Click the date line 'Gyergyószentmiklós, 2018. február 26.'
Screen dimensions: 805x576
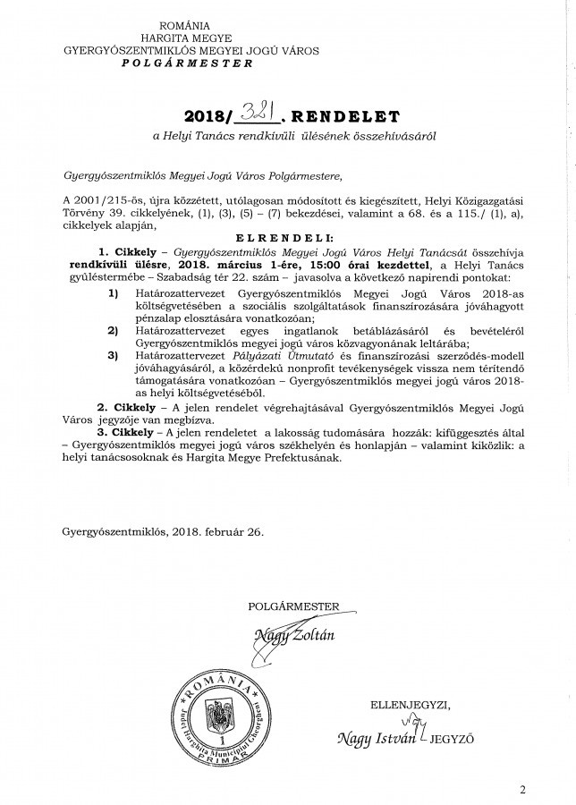[x=164, y=531]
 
